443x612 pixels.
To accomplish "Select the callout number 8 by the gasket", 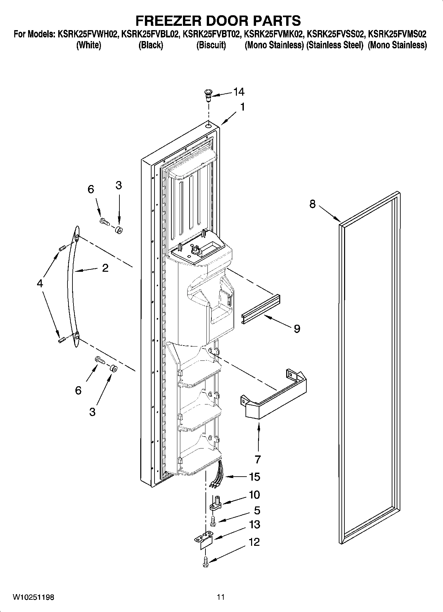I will coord(312,204).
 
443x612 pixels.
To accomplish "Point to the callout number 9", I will coord(297,329).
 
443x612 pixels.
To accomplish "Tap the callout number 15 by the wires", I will coord(254,477).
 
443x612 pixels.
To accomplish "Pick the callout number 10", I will coord(254,495).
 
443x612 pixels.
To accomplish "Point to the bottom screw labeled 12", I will coord(205,561).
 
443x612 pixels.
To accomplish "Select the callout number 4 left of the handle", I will coord(40,283).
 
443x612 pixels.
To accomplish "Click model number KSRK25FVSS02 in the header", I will coord(336,34).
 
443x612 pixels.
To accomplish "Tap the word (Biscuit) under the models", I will coord(211,45).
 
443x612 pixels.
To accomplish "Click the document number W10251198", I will coord(33,597).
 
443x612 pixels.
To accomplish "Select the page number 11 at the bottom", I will coord(221,597).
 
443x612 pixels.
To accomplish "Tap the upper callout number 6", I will coord(91,190).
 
